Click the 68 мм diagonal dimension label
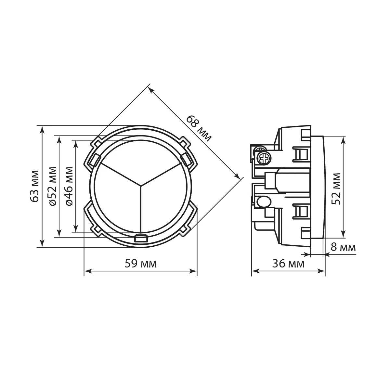(x=198, y=129)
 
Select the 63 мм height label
(x=34, y=187)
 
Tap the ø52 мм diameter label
(x=52, y=187)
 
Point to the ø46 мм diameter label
(x=69, y=187)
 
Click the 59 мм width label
(x=141, y=264)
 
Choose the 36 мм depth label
(x=288, y=264)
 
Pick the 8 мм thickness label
(x=343, y=247)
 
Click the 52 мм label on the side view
(x=336, y=189)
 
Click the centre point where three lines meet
(x=141, y=185)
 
